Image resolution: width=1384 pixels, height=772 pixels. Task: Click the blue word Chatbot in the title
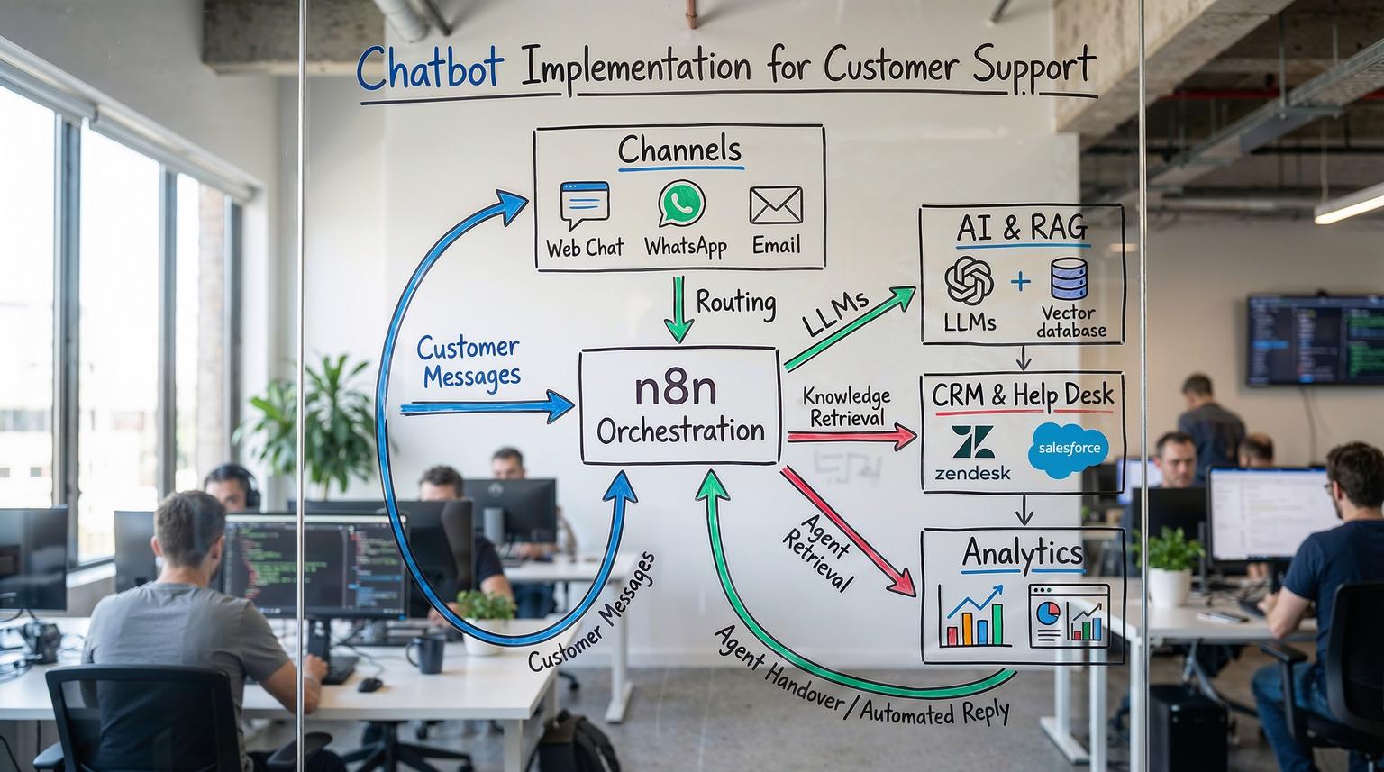coord(429,68)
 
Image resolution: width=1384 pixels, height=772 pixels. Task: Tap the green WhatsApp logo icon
coord(681,204)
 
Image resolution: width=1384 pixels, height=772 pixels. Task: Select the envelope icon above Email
coord(775,205)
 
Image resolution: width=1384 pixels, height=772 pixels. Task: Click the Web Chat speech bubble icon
coord(584,205)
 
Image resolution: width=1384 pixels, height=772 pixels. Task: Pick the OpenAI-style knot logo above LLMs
coord(969,280)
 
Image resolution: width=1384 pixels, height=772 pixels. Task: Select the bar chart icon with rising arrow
coord(972,615)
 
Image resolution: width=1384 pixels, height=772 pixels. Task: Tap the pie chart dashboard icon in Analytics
coord(1069,615)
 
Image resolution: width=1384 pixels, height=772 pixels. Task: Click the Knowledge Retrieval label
coord(846,407)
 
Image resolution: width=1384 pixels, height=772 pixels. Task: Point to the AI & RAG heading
coord(1022,228)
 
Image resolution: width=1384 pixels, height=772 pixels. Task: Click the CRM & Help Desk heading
coord(1023,395)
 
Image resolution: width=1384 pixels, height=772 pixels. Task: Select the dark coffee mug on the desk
coord(426,652)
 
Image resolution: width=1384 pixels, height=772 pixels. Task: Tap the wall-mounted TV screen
coord(1315,340)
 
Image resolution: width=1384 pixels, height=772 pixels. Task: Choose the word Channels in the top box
coord(679,150)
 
